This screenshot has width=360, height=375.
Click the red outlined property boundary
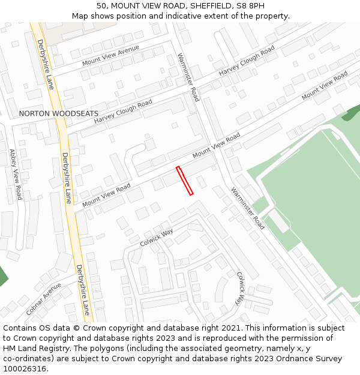pyautogui.click(x=185, y=181)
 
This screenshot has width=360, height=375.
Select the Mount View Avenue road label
pyautogui.click(x=110, y=55)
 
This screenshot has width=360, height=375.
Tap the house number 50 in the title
pyautogui.click(x=101, y=5)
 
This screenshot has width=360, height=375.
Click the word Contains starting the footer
pyautogui.click(x=21, y=328)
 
